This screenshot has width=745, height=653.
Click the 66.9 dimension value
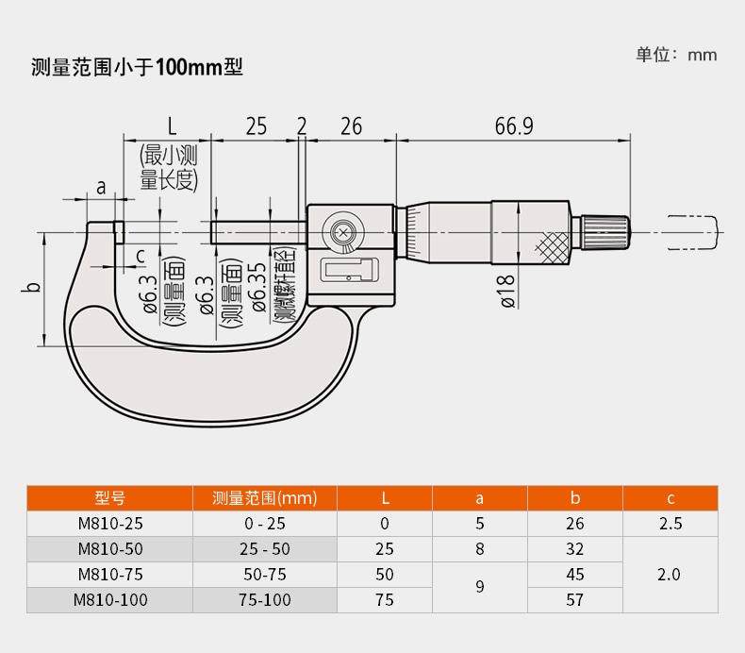pos(513,126)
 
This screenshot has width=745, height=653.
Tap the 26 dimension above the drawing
pos(351,126)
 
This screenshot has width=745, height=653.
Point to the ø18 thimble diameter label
pos(505,291)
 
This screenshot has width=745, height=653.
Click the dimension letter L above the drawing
pos(171,126)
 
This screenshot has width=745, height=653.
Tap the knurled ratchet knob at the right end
pos(603,232)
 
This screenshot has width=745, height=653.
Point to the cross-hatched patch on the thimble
pos(553,246)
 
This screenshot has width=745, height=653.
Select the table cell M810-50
pos(108,548)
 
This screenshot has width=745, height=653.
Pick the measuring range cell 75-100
pos(265,599)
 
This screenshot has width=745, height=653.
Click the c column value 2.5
pos(670,524)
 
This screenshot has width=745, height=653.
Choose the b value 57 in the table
pos(574,599)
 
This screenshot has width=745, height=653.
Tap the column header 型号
pos(109,497)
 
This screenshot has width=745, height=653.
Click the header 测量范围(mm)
pos(265,497)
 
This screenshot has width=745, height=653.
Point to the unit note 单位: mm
pos(676,54)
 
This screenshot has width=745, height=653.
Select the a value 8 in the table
pos(479,548)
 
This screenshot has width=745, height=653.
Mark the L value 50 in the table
pos(385,574)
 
